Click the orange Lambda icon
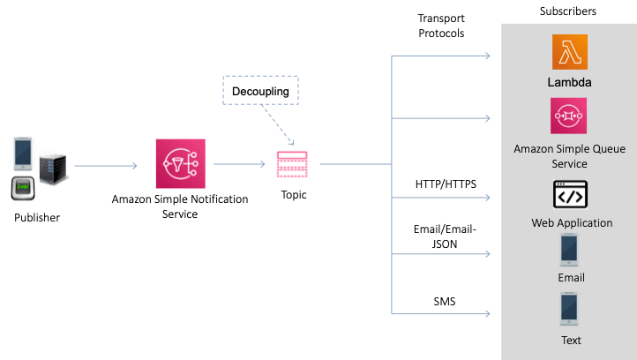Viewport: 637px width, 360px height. [x=569, y=52]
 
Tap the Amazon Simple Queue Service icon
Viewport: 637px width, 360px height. [x=569, y=115]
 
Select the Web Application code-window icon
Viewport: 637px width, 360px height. [x=571, y=194]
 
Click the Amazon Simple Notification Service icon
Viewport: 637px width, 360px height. [x=180, y=165]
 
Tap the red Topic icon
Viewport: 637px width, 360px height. [x=291, y=164]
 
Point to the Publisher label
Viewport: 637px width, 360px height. [x=38, y=217]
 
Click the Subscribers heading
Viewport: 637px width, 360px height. [x=568, y=11]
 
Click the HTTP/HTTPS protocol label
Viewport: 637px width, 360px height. [x=446, y=184]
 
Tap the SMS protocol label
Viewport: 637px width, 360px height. [x=445, y=302]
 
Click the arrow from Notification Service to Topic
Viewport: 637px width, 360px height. [x=240, y=165]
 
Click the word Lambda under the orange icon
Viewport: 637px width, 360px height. [x=569, y=83]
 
